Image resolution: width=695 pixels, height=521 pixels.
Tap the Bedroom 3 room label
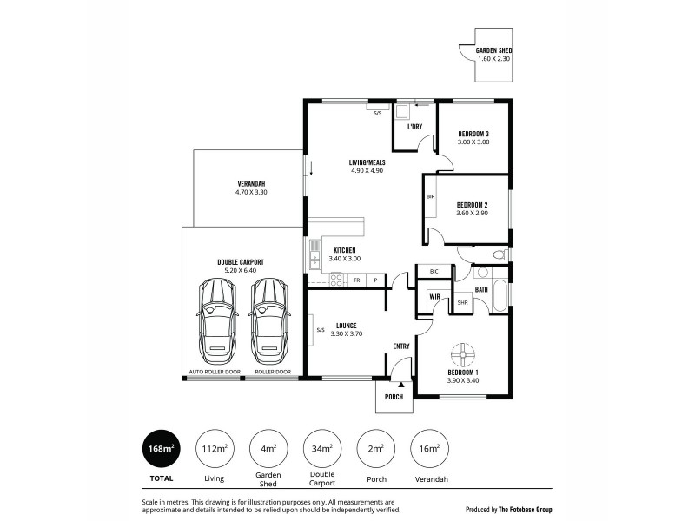473,133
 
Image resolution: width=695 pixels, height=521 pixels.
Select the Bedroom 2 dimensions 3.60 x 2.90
473,214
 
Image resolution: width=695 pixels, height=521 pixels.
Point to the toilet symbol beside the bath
499,255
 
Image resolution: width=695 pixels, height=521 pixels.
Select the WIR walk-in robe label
433,298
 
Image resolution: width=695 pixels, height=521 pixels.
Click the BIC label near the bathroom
434,272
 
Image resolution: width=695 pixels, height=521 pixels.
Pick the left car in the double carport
216,323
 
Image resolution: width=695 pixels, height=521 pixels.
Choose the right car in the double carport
268,323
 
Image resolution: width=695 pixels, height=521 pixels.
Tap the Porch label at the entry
394,397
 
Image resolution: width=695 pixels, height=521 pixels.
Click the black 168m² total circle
162,449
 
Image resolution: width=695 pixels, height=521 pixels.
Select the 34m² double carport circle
321,449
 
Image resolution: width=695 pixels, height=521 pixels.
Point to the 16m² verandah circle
428,449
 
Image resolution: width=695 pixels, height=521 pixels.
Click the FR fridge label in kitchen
357,280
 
